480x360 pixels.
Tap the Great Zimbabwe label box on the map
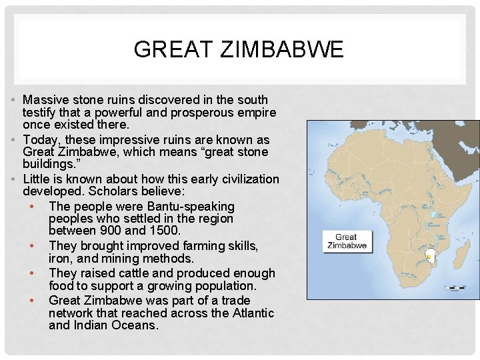coord(346,241)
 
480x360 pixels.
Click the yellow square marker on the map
coord(428,255)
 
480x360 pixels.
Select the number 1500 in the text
coord(165,231)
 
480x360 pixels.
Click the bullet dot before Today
coord(14,140)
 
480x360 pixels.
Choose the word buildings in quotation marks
coord(47,165)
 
